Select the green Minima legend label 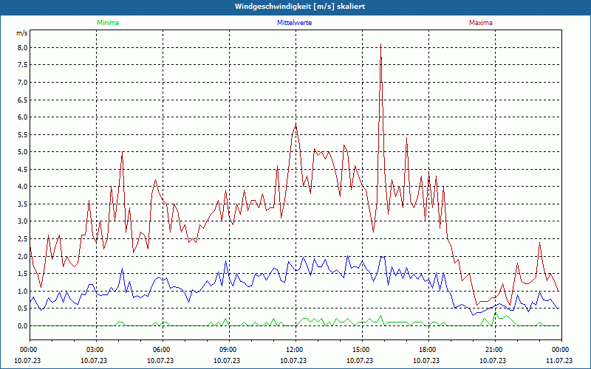click(x=108, y=23)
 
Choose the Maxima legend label click(x=480, y=23)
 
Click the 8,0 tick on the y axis click(x=22, y=47)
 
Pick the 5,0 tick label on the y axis click(x=22, y=152)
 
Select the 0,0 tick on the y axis click(x=22, y=326)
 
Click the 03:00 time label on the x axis click(x=95, y=349)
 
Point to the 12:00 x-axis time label click(x=294, y=349)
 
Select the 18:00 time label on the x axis click(x=427, y=349)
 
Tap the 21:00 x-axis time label click(x=493, y=349)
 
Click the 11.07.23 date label click(x=560, y=360)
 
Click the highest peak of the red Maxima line click(x=380, y=45)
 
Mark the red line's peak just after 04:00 click(x=123, y=153)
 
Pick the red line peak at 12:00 click(x=295, y=124)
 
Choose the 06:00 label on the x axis click(x=162, y=349)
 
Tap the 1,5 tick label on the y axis click(x=22, y=274)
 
